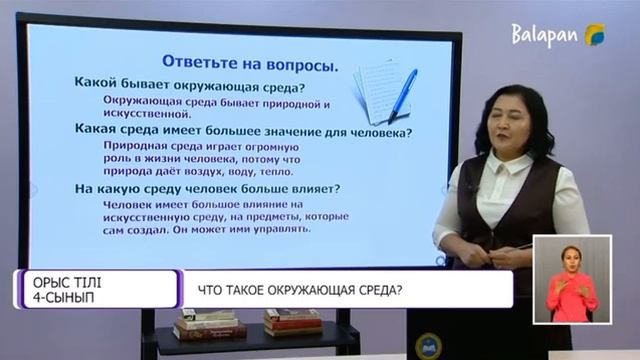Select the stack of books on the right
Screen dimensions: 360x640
(293, 321)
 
